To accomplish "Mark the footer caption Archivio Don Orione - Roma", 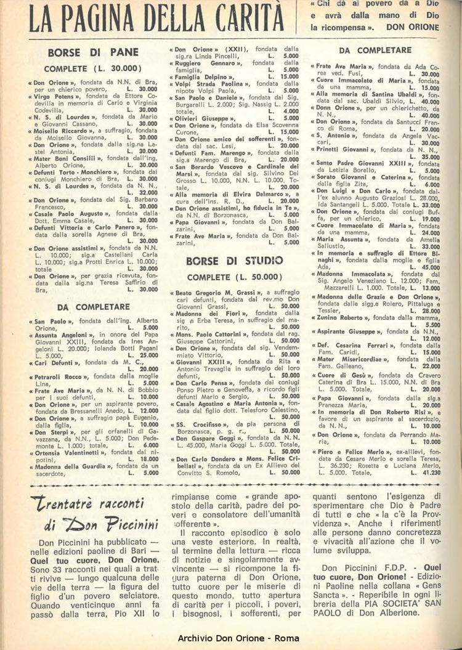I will [231, 636].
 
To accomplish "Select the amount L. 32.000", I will [144, 192].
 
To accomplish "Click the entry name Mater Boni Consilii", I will [68, 158].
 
